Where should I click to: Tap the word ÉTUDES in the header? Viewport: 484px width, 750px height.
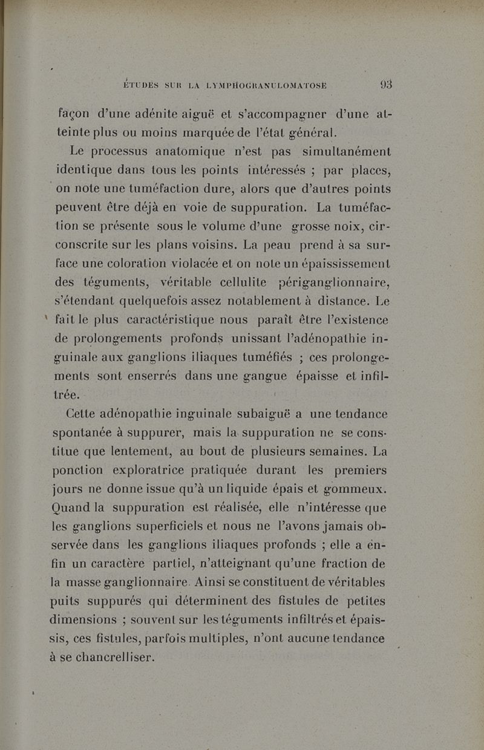(142, 86)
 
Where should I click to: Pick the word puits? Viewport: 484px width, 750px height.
(68, 601)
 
